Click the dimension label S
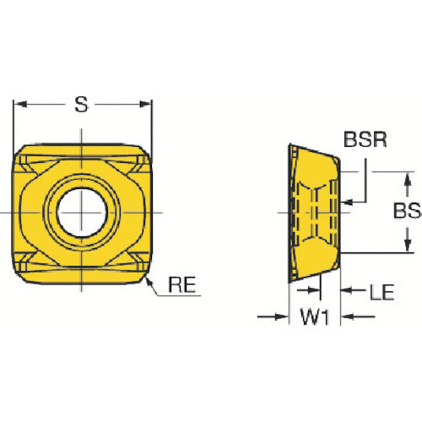[81, 105]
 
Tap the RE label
[181, 284]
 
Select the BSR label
[365, 139]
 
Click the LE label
[381, 292]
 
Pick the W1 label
[315, 316]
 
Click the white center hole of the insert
[82, 213]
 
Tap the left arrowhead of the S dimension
[20, 105]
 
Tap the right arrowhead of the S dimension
[145, 105]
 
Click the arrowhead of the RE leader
[148, 280]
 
